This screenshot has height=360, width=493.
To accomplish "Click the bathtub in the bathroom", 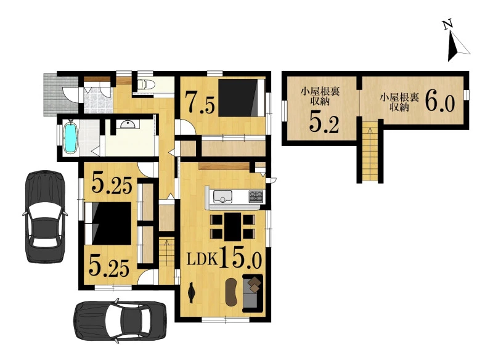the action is pyautogui.click(x=70, y=137).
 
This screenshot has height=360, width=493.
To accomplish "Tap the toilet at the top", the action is pyautogui.click(x=146, y=84).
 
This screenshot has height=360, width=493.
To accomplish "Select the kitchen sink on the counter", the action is pyautogui.click(x=222, y=197).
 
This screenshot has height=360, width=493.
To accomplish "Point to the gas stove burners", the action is pyautogui.click(x=256, y=196).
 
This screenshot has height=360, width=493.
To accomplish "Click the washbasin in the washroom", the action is pyautogui.click(x=128, y=125).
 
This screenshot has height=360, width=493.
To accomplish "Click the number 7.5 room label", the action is pyautogui.click(x=200, y=102).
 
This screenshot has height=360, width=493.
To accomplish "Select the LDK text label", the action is pyautogui.click(x=202, y=260).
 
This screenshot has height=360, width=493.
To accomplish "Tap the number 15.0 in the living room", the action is pyautogui.click(x=240, y=257).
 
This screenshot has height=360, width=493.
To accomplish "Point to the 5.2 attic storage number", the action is pyautogui.click(x=324, y=122).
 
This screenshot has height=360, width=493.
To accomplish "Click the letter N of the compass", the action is pyautogui.click(x=448, y=24).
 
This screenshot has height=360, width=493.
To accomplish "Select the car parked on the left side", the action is pyautogui.click(x=45, y=216).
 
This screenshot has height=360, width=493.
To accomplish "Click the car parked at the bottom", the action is pyautogui.click(x=120, y=320).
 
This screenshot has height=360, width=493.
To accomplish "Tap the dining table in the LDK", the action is pyautogui.click(x=233, y=226).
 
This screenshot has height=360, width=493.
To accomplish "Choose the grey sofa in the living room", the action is pyautogui.click(x=253, y=293).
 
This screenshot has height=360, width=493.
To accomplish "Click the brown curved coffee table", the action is pyautogui.click(x=232, y=292).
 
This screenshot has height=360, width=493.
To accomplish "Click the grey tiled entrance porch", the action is pyautogui.click(x=60, y=94).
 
